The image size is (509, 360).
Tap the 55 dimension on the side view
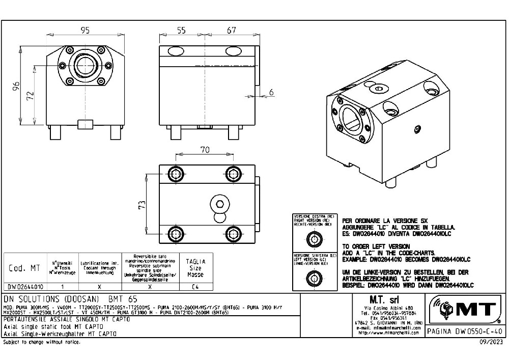181,31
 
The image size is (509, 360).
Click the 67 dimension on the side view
232,31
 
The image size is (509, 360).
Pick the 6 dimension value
271,92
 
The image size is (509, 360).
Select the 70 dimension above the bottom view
205,150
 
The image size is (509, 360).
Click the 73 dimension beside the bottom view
143,205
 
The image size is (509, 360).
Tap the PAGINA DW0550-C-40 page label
464,331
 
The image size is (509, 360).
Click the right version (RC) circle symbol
313,239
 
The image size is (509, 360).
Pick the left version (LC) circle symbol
313,278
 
